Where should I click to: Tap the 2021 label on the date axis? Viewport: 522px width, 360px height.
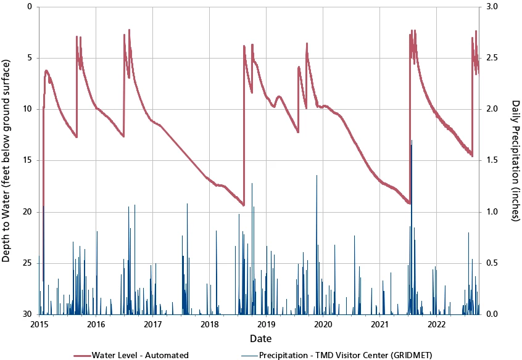(379, 324)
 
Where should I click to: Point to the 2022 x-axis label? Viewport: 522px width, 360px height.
(436, 324)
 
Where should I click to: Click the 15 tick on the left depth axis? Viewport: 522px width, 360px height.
(28, 160)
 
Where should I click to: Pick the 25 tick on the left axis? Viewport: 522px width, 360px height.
(28, 263)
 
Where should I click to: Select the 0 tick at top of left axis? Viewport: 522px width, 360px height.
(30, 7)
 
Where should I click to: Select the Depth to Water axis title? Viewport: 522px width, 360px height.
(7, 160)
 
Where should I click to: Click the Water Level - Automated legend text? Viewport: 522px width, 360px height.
(140, 354)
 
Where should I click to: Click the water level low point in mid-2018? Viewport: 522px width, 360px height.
(243, 205)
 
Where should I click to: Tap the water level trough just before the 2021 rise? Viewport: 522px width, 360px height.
(409, 202)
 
